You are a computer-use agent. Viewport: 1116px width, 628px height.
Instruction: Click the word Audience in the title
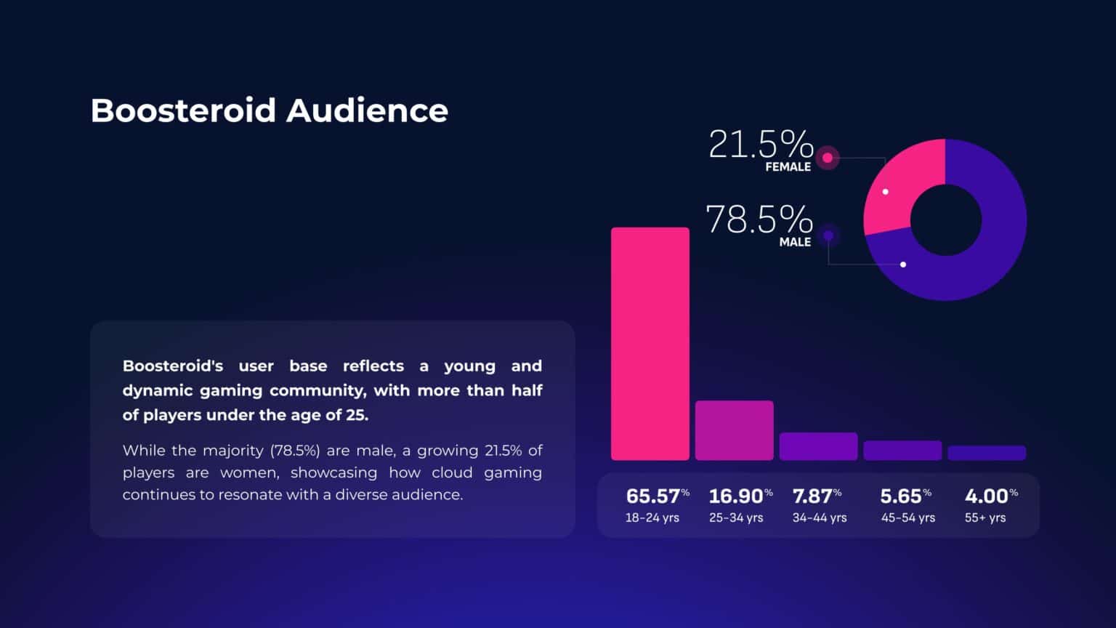point(367,110)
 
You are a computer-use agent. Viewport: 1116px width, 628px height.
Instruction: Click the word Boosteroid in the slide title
point(183,110)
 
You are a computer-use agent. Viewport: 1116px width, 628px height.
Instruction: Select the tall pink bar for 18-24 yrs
point(650,343)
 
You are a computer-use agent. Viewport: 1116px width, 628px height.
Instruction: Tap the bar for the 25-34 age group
point(734,430)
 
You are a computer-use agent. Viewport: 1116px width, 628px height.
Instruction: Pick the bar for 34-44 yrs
point(818,446)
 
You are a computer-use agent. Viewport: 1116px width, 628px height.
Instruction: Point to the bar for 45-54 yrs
point(902,451)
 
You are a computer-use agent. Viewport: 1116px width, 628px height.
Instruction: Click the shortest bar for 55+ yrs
point(987,453)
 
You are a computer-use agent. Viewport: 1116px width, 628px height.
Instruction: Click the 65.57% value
point(653,496)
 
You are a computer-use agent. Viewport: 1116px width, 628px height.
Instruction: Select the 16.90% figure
point(736,496)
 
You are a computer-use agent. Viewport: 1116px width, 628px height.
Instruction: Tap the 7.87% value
point(812,496)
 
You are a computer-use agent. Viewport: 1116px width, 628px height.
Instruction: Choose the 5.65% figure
point(901,496)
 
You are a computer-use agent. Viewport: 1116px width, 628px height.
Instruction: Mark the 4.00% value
point(987,496)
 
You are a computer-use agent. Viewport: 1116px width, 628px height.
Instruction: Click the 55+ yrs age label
point(985,518)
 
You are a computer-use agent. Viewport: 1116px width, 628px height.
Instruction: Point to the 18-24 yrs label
point(652,518)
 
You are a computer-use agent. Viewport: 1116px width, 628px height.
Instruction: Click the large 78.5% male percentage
point(759,219)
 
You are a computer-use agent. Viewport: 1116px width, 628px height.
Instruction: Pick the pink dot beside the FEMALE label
point(827,158)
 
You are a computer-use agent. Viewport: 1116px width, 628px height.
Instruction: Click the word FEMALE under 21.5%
point(788,167)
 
